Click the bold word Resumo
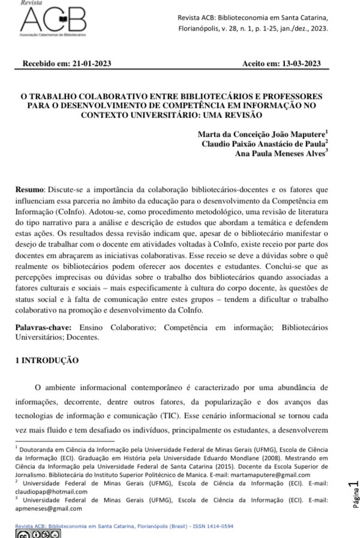pyautogui.click(x=29, y=190)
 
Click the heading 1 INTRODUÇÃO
pyautogui.click(x=47, y=360)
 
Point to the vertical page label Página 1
pyautogui.click(x=354, y=494)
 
